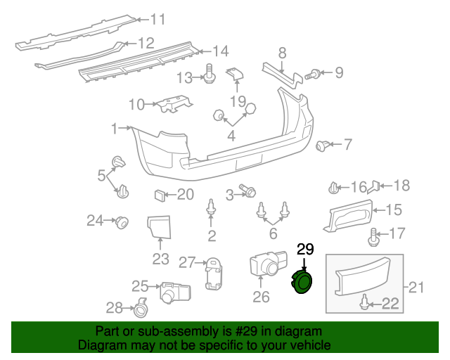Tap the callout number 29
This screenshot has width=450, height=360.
[305, 249]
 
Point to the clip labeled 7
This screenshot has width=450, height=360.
[323, 146]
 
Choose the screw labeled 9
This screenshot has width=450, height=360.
[316, 72]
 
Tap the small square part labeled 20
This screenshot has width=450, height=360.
[160, 195]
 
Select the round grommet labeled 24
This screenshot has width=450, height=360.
[122, 222]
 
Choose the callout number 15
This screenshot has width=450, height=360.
[394, 209]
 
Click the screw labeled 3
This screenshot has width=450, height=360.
[248, 191]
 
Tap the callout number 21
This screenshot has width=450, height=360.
[418, 286]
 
